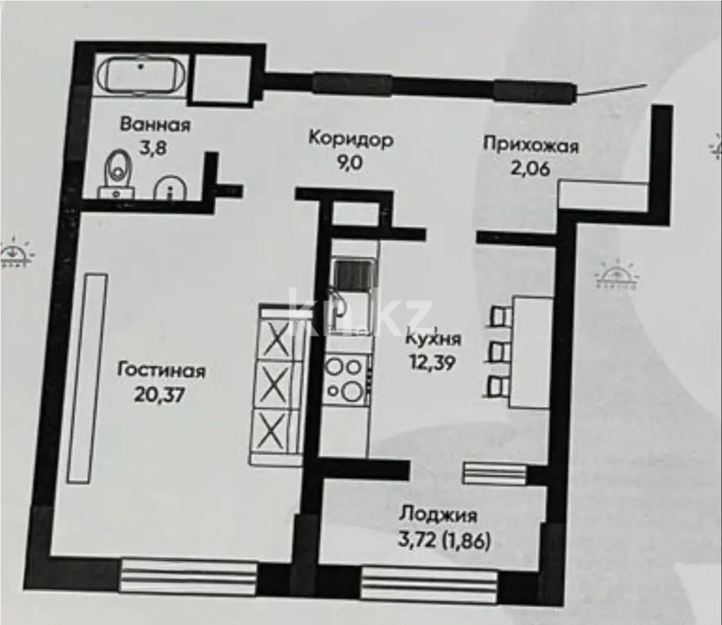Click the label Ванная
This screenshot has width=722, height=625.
(x=155, y=125)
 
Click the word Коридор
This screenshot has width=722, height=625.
(x=351, y=139)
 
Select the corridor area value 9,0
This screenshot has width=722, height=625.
(x=351, y=164)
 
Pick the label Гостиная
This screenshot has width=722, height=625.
(x=161, y=369)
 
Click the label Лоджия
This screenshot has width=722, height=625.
(x=437, y=515)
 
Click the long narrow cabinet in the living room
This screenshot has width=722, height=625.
(x=87, y=378)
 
